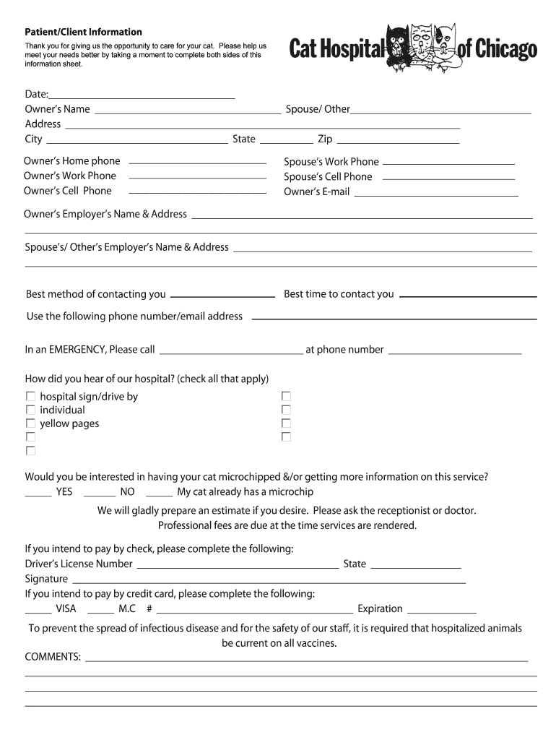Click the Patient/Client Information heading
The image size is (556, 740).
(x=83, y=33)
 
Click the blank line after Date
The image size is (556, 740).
(x=142, y=97)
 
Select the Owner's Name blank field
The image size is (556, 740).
(x=188, y=113)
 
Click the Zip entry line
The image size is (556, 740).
(x=397, y=143)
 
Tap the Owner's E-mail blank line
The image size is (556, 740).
(x=435, y=196)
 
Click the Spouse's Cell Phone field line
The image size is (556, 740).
(x=448, y=179)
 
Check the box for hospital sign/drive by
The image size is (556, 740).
(x=30, y=397)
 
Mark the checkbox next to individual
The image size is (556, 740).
(x=30, y=410)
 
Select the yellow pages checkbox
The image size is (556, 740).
(x=30, y=424)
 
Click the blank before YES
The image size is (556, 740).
(x=38, y=496)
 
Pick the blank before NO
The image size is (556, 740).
(x=100, y=496)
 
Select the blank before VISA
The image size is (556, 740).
(x=38, y=612)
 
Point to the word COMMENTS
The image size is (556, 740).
(x=53, y=657)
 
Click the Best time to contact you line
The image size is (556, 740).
(x=467, y=296)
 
